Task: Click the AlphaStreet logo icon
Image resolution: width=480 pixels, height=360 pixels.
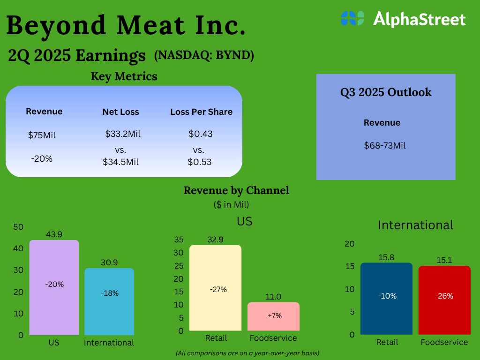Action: click(x=352, y=18)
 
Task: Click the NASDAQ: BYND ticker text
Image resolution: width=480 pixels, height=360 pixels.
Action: click(x=204, y=55)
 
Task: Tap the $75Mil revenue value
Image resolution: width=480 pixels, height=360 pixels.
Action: click(x=42, y=135)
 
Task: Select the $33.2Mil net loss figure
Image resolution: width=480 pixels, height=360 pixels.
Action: click(x=123, y=134)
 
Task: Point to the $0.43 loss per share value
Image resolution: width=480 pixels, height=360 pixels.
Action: click(x=201, y=134)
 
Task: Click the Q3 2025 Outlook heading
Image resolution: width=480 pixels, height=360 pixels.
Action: click(x=386, y=92)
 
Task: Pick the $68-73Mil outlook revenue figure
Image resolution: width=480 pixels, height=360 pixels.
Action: click(x=385, y=145)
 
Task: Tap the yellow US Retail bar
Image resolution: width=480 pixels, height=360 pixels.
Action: click(x=215, y=288)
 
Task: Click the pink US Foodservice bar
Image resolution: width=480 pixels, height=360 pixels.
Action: click(x=273, y=316)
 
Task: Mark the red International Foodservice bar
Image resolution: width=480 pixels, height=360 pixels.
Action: click(x=444, y=300)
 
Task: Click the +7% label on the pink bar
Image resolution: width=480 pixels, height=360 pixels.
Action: click(x=275, y=315)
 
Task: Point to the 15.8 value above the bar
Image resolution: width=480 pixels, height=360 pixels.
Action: click(x=387, y=257)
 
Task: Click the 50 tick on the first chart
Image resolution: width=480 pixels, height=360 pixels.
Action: click(x=18, y=227)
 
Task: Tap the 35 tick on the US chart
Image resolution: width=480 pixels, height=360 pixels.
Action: click(x=179, y=240)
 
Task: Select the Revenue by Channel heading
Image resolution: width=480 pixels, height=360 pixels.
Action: click(x=236, y=190)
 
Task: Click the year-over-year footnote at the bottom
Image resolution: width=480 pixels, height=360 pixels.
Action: click(x=247, y=352)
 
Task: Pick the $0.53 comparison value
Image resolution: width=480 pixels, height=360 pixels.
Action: click(x=200, y=162)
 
